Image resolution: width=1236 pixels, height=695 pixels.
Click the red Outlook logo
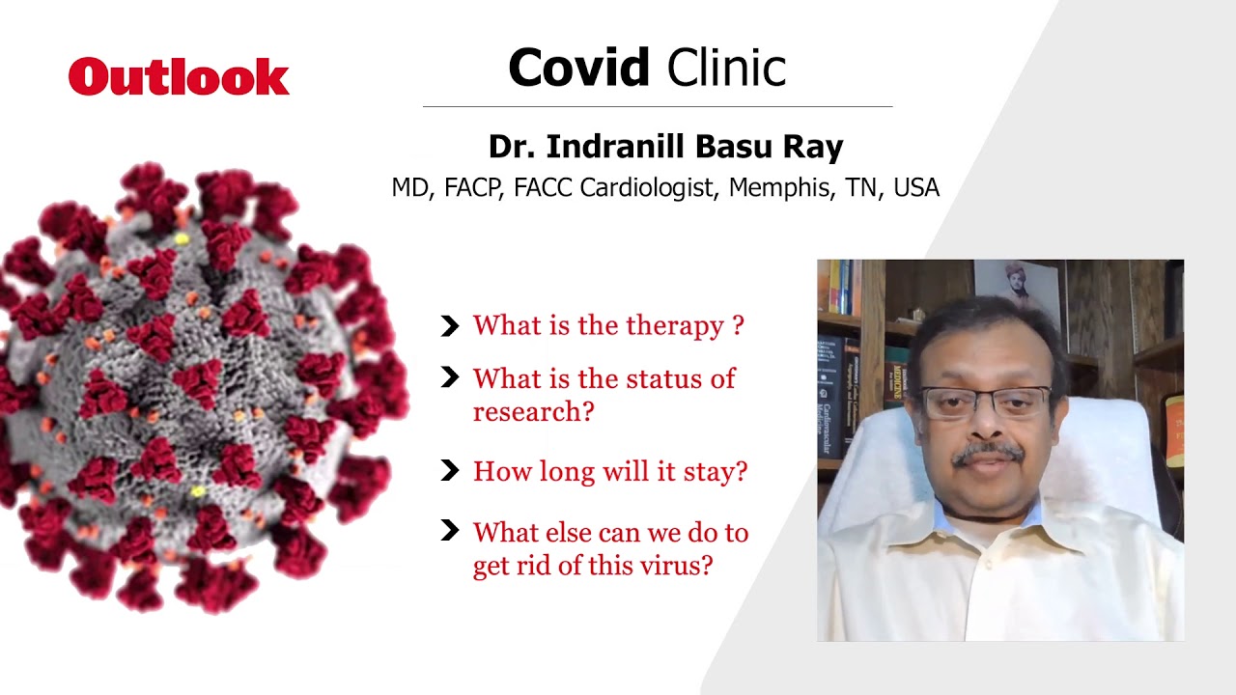(179, 76)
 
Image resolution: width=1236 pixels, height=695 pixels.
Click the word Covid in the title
(578, 68)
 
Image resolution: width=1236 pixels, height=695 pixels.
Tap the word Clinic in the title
(727, 68)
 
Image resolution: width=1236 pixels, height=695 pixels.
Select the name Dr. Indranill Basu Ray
(666, 147)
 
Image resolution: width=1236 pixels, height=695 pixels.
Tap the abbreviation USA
(916, 187)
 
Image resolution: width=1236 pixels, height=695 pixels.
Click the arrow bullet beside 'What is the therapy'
(450, 326)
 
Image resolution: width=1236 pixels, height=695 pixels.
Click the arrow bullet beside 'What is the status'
(450, 377)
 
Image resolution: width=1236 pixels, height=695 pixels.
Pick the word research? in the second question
(534, 411)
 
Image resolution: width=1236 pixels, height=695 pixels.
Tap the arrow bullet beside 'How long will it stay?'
(450, 470)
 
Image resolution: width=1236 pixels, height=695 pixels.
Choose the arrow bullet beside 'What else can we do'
(450, 530)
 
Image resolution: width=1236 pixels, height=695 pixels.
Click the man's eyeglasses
(986, 403)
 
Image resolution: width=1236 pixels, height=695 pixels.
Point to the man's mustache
(988, 453)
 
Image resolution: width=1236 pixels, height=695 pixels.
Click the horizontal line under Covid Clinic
(658, 106)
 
